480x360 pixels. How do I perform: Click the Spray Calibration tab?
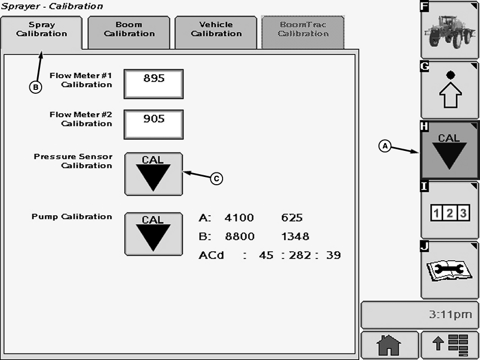click(42, 29)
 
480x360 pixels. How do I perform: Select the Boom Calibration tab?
click(129, 29)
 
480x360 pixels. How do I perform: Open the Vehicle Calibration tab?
click(216, 29)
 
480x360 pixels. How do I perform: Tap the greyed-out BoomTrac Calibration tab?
click(303, 29)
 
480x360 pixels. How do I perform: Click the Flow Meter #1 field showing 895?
click(154, 84)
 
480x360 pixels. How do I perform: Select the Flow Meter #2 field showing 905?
click(154, 124)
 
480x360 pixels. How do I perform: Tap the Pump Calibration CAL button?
click(153, 234)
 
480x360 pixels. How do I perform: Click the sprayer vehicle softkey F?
click(449, 30)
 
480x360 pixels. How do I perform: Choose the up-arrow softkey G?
click(449, 90)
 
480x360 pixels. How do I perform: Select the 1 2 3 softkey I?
click(449, 211)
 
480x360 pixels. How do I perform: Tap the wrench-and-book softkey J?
click(449, 270)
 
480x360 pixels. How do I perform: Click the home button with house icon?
click(388, 346)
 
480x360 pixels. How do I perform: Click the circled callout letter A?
click(385, 146)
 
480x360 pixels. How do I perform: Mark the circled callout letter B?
click(35, 87)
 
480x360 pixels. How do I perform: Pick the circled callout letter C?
click(216, 178)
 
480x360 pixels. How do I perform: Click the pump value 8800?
click(239, 237)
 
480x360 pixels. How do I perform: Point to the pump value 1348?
click(295, 237)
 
